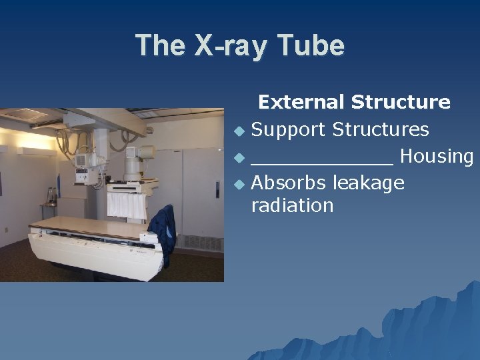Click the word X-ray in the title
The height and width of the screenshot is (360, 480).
[x=237, y=46]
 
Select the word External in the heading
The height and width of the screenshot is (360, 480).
[x=302, y=102]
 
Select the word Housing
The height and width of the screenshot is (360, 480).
[x=437, y=157]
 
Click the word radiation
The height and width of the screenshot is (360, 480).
[x=292, y=205]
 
